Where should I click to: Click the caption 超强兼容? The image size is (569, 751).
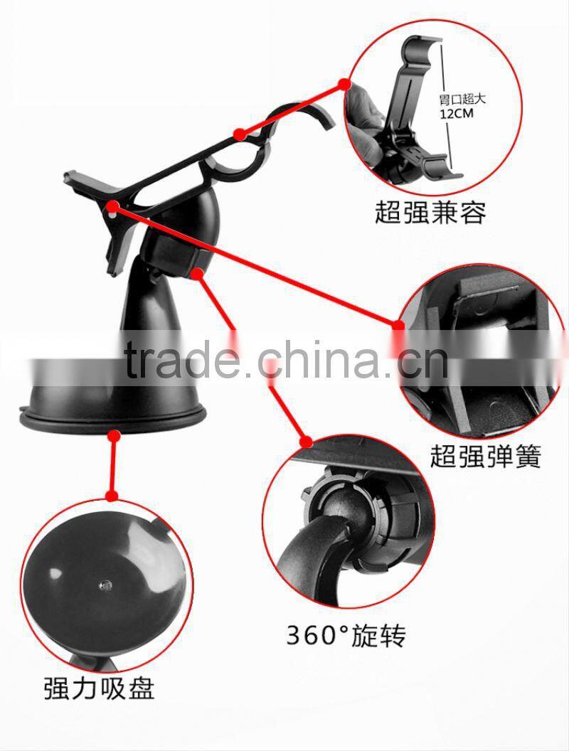pos(431,211)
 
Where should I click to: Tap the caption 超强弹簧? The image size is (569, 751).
pos(485,455)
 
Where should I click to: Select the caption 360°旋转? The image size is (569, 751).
pos(346,634)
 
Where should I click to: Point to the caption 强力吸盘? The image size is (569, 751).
pos(99,688)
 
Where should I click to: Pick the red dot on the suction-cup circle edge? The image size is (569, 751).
pos(111,495)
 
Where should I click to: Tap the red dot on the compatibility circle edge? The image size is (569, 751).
pos(345,84)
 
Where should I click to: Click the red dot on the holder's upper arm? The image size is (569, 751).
pos(240,133)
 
